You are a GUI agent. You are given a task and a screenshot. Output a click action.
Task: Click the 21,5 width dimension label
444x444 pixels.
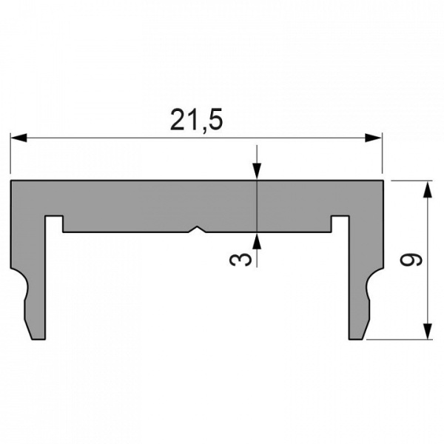tap(196, 119)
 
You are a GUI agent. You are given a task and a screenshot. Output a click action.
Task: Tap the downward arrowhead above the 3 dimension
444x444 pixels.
tap(256, 172)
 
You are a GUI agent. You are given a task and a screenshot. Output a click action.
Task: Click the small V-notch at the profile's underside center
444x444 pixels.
tap(196, 229)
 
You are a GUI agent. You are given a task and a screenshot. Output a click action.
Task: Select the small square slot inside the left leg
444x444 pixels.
tap(53, 222)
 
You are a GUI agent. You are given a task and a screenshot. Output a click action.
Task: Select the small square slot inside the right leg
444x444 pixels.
tap(340, 222)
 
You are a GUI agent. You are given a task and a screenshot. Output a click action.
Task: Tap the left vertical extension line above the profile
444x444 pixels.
tap(10, 155)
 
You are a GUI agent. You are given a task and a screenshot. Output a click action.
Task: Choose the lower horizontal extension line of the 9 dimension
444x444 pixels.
tap(400, 340)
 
